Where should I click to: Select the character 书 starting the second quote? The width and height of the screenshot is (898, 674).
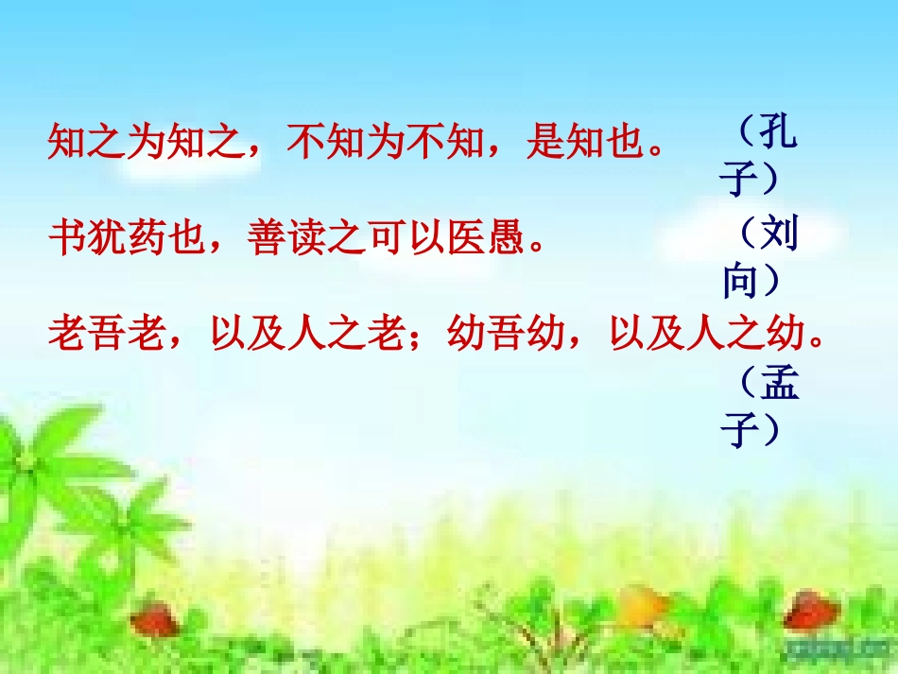(65, 238)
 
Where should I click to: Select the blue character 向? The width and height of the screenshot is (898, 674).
(740, 281)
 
